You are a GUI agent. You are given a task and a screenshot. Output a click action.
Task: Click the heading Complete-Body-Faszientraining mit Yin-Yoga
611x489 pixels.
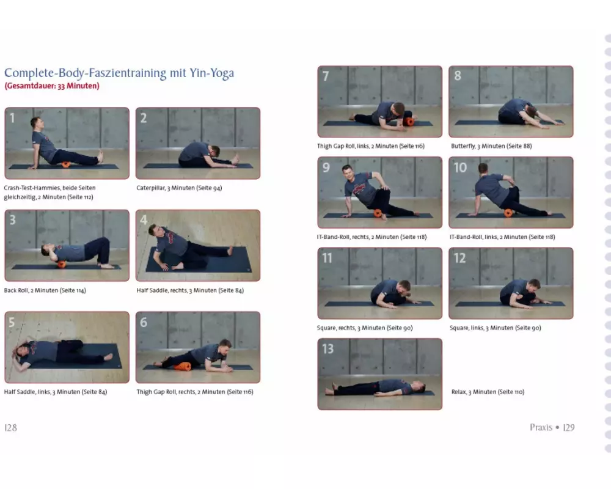click(x=119, y=73)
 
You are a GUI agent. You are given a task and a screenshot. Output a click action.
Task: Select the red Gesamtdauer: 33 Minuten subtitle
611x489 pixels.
click(x=52, y=86)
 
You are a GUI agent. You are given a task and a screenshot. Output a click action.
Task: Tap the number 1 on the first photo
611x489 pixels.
click(x=12, y=118)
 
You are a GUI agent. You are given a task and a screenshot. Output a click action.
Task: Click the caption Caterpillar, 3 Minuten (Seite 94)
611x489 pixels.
click(x=179, y=188)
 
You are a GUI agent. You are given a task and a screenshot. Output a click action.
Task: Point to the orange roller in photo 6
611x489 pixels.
click(x=182, y=366)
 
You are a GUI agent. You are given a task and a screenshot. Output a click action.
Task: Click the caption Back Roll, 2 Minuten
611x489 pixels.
click(x=45, y=290)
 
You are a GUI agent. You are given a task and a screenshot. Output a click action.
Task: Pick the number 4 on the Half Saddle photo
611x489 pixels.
click(x=144, y=220)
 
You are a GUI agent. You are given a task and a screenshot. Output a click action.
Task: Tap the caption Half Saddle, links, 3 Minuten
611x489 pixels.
click(x=56, y=392)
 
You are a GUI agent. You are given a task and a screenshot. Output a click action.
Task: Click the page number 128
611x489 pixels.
click(x=10, y=428)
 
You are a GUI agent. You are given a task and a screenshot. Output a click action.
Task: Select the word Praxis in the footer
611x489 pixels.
click(x=541, y=427)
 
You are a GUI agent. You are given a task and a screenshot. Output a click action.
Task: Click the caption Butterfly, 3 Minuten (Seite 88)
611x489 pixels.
click(x=491, y=146)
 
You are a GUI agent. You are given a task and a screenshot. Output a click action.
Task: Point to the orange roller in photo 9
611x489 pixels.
click(x=378, y=213)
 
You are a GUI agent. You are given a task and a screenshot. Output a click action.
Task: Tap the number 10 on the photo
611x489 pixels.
click(x=460, y=167)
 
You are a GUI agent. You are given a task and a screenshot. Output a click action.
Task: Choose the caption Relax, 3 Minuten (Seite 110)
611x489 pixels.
click(x=488, y=392)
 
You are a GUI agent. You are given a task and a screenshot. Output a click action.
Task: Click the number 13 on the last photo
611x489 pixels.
click(x=327, y=348)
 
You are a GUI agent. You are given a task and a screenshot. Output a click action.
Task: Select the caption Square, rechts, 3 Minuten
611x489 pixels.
click(x=365, y=328)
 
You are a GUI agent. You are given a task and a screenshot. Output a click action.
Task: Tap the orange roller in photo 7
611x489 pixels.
click(x=409, y=121)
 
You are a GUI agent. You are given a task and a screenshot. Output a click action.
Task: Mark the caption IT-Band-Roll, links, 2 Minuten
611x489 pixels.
click(x=502, y=237)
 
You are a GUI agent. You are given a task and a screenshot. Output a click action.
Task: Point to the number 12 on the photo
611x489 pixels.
click(x=460, y=258)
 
